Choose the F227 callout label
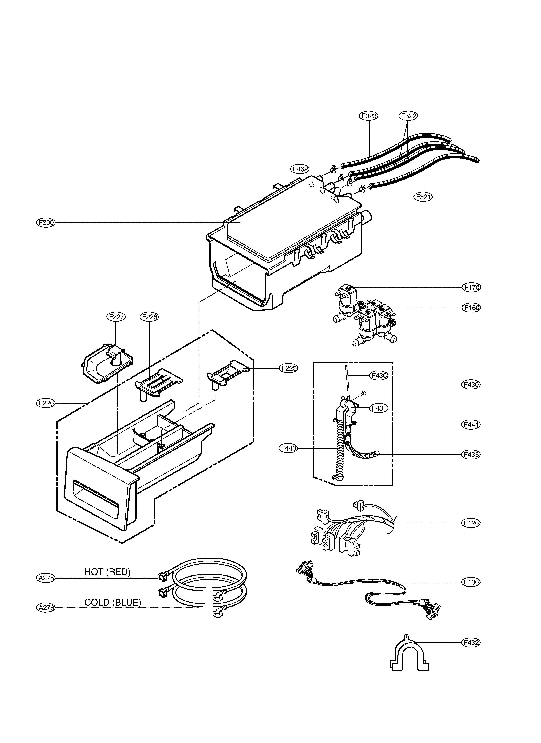pos(116,317)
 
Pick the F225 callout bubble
pos(288,368)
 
